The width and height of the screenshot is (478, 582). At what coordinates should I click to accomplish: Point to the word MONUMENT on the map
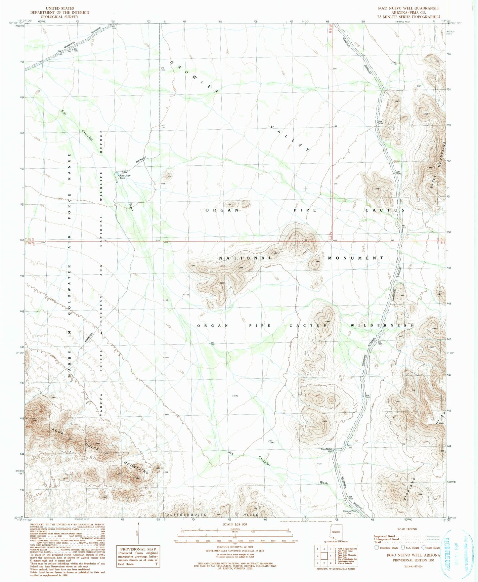[356, 258]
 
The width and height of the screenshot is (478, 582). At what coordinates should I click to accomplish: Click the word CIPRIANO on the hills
[407, 488]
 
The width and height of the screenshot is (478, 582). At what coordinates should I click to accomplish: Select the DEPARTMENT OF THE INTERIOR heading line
[60, 12]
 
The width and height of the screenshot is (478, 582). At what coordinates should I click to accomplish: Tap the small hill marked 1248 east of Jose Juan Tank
[169, 175]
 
